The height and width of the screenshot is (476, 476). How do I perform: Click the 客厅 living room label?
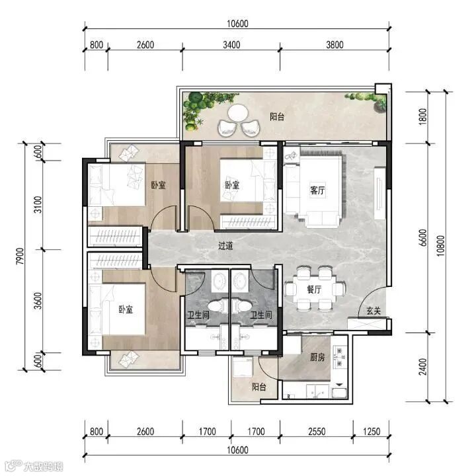pos(317,190)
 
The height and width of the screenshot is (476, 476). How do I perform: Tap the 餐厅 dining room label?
pos(314,290)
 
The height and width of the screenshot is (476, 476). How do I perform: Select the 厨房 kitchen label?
pos(317,357)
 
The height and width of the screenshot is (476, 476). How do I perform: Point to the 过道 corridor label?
pos(225,245)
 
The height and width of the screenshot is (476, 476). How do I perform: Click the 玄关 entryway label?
pos(374,311)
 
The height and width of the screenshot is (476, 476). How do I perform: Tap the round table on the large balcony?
pos(238,113)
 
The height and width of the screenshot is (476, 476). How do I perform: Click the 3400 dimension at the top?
pos(231,45)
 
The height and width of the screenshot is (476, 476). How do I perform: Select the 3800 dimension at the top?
pos(335,45)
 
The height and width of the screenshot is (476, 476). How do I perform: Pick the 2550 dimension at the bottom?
pos(317,431)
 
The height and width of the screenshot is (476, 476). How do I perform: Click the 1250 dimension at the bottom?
pos(372,431)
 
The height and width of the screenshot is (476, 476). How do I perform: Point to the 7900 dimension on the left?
pos(20,257)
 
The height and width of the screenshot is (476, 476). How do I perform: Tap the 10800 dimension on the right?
pos(440,246)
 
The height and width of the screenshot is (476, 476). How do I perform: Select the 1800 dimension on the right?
pos(422,116)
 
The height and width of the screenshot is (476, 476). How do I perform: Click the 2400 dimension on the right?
pos(422,367)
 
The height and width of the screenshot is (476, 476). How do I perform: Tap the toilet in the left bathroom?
pos(218,306)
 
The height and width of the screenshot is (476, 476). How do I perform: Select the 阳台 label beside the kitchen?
pos(259,387)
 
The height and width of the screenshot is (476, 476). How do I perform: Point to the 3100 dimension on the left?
pos(38,204)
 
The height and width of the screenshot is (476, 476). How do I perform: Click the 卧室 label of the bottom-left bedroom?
pos(126,309)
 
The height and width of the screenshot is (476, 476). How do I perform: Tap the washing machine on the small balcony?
pos(242,367)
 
